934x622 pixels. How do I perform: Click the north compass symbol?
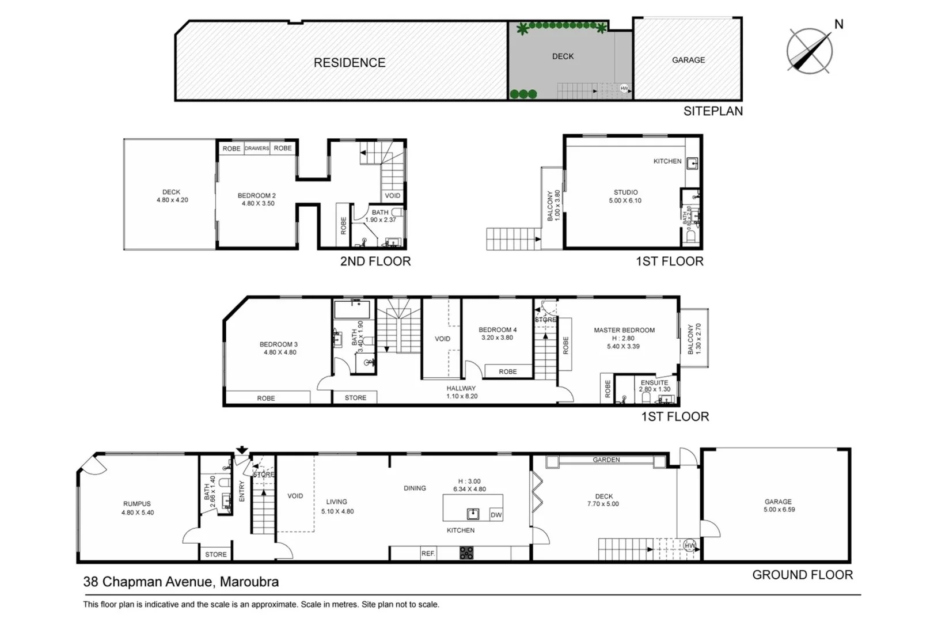(810, 50)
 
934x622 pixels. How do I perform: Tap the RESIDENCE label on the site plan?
(350, 63)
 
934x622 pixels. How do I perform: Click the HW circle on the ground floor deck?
(689, 545)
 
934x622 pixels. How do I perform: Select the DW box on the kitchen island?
(496, 515)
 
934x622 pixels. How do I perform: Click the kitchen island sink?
(473, 513)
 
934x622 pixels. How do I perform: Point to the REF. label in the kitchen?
(428, 553)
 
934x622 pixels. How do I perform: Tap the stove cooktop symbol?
(466, 553)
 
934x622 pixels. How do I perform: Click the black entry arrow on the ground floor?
(242, 450)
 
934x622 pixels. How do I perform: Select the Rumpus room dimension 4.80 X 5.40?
(138, 513)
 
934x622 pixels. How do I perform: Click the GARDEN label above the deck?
(606, 460)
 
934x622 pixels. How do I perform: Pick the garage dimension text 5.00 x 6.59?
(779, 510)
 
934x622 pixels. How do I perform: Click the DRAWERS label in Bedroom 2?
(257, 149)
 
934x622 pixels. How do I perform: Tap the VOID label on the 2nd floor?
(392, 196)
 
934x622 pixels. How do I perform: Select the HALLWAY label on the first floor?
(461, 388)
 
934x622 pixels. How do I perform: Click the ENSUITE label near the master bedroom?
(654, 382)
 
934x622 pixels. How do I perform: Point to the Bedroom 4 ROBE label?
(507, 372)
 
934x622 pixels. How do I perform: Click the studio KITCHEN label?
(667, 161)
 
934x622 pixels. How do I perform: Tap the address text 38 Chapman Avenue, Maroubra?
(181, 582)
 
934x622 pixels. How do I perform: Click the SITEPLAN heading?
(712, 111)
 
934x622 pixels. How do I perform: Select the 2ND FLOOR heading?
(375, 261)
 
